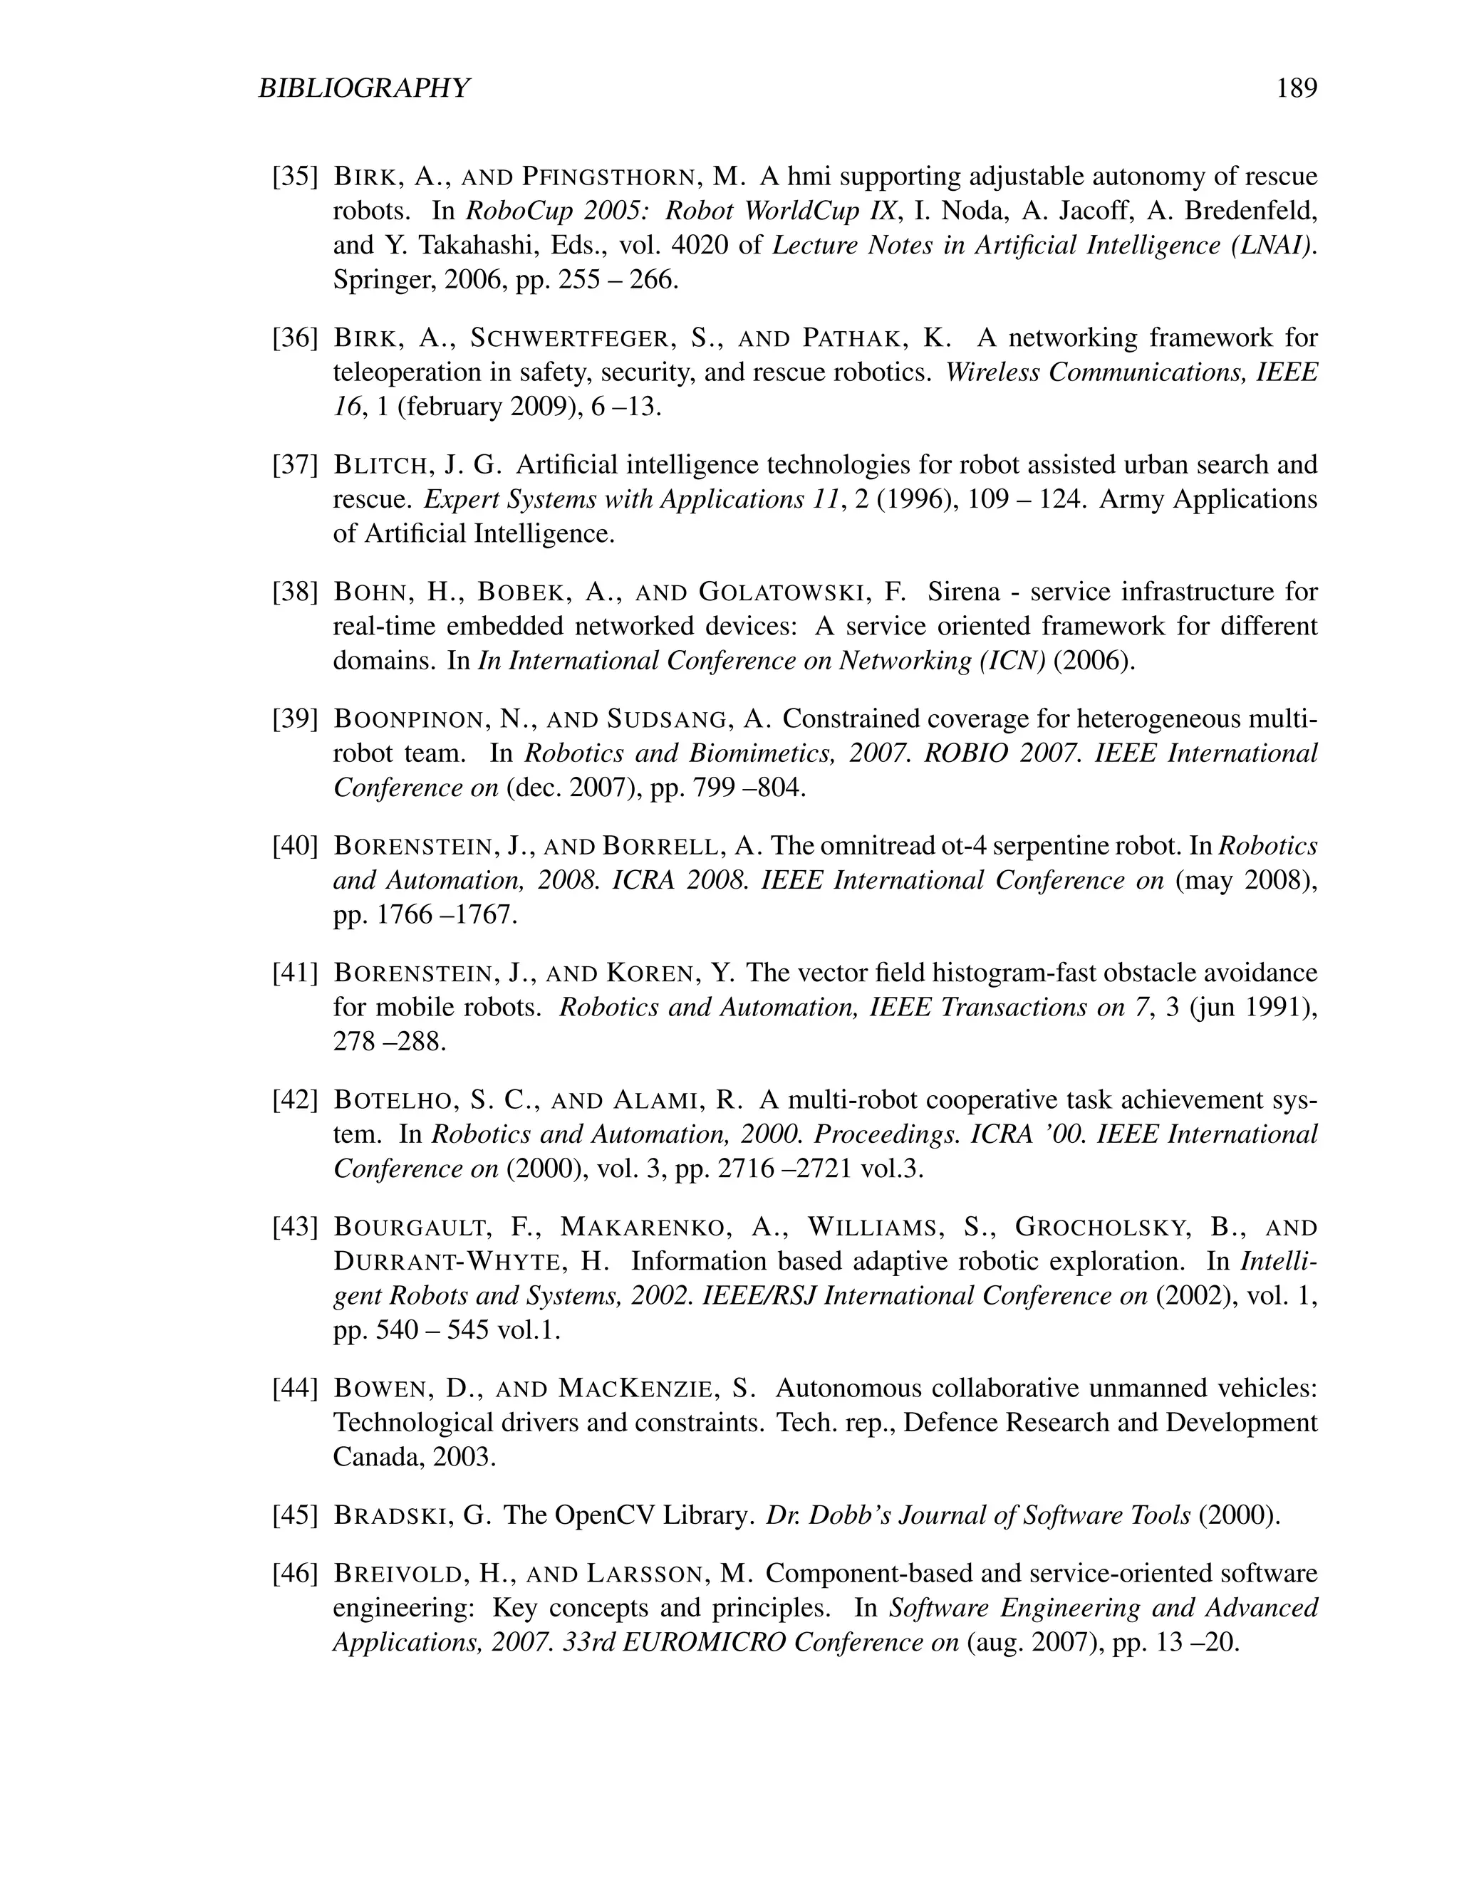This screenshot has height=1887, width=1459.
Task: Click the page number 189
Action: tap(1297, 88)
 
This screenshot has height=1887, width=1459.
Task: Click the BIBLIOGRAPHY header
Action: tap(364, 88)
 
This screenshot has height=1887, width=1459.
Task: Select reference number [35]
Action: tap(296, 177)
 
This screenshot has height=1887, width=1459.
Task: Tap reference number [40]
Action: tap(296, 846)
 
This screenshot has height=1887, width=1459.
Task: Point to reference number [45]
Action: tap(296, 1515)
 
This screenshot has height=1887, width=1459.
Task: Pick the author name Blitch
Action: tap(381, 465)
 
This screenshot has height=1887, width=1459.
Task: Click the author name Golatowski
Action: tap(782, 592)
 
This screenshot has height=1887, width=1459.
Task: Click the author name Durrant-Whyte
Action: tap(446, 1262)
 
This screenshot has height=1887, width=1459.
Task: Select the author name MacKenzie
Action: tap(636, 1389)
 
